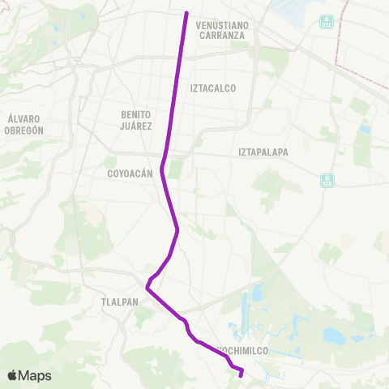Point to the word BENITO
point(135,114)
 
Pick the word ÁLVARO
point(23,118)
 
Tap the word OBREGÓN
point(23,128)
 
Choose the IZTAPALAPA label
point(263,152)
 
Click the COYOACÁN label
point(130,173)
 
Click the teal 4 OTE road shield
point(326,21)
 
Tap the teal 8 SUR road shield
point(326,180)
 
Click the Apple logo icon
point(13,375)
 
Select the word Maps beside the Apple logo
point(36,375)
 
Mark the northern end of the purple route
point(186,13)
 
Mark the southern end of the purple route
point(242,375)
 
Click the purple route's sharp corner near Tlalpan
point(147,287)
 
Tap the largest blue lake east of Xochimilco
point(334,336)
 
